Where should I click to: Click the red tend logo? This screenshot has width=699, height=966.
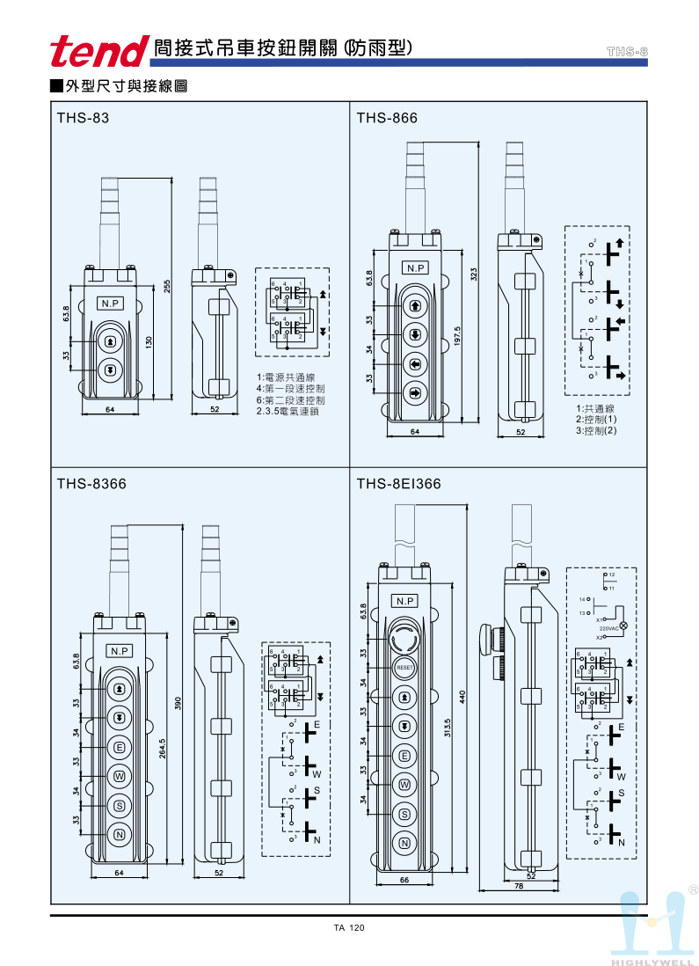[x=98, y=51]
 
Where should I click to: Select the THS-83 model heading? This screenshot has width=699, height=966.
[x=84, y=118]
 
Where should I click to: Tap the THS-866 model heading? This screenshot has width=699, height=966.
[x=387, y=118]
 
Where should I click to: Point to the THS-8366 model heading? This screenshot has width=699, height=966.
[x=91, y=483]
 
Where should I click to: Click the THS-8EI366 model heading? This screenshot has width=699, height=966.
[x=398, y=483]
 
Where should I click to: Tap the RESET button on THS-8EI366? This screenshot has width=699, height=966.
[x=404, y=668]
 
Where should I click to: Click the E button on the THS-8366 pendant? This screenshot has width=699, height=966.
[x=119, y=748]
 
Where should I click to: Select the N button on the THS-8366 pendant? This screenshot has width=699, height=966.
[x=119, y=833]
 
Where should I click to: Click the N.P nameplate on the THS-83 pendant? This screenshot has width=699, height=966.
[x=111, y=304]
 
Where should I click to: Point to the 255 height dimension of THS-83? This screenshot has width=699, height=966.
[x=166, y=288]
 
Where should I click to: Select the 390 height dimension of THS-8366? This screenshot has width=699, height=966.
[x=178, y=703]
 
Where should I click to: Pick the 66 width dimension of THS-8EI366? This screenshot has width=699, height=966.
[x=405, y=879]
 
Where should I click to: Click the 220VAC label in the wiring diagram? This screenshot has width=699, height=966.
[x=609, y=629]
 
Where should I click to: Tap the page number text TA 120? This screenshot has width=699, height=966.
[x=349, y=928]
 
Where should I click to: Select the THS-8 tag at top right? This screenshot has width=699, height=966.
[x=627, y=52]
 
